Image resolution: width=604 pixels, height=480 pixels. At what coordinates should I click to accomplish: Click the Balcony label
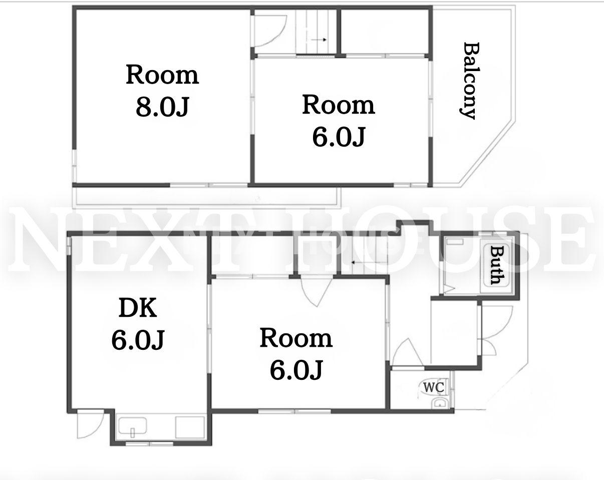click(x=469, y=81)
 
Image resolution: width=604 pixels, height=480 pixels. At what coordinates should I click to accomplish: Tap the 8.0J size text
click(x=162, y=107)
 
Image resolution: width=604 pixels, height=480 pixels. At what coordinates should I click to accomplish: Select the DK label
click(x=138, y=308)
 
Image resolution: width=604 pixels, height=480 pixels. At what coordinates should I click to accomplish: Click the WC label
click(x=433, y=387)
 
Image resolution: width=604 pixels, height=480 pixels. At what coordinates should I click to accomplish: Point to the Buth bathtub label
click(x=496, y=265)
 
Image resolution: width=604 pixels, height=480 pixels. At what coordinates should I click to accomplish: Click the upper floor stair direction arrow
click(x=319, y=40)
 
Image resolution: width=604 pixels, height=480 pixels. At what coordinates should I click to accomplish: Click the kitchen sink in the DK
click(x=133, y=426)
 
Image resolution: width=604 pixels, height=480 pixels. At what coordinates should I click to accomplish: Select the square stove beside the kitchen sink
click(x=190, y=427)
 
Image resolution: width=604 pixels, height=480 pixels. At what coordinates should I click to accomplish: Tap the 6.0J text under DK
click(x=138, y=340)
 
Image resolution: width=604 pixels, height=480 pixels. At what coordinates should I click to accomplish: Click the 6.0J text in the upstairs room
click(x=338, y=137)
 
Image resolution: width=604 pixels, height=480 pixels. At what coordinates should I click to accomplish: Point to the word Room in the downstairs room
click(x=296, y=338)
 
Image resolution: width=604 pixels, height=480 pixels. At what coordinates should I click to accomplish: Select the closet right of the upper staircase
click(x=385, y=31)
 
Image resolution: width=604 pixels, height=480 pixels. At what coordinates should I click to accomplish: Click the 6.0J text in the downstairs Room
click(x=296, y=370)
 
